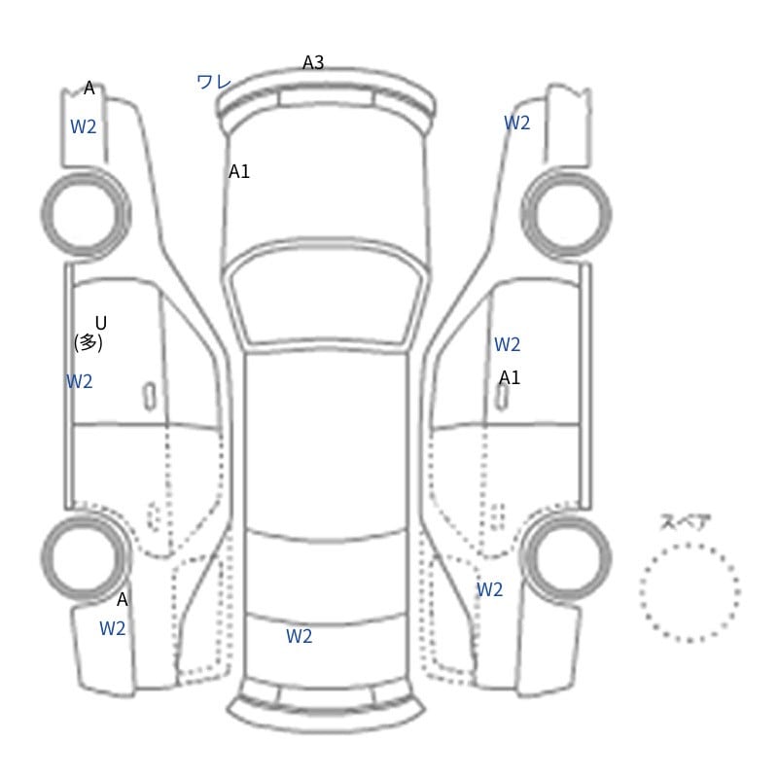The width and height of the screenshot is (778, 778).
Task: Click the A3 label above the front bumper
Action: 313,62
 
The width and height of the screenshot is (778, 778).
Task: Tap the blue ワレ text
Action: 214,82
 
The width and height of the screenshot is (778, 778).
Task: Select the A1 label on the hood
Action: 238,172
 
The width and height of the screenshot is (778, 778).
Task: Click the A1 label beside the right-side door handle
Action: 509,377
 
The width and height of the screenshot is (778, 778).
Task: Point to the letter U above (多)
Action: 101,324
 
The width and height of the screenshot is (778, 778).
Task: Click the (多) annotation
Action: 88,342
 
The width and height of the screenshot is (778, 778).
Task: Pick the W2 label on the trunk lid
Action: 300,636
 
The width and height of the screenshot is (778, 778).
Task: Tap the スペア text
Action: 678,522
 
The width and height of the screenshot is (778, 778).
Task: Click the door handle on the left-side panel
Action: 150,397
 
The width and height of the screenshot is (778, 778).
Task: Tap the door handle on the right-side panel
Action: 503,397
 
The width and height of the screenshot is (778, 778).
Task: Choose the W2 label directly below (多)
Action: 80,381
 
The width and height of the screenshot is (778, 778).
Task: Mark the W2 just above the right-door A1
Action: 507,344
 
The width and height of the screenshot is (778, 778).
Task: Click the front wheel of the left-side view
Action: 86,214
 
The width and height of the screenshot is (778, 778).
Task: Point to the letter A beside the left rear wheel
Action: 123,600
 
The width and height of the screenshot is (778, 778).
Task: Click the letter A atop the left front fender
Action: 89,88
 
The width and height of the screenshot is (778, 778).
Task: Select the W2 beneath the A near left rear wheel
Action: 112,628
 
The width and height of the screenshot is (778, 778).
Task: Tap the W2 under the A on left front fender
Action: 83,127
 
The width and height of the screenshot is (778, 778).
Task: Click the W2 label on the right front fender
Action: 517,123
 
